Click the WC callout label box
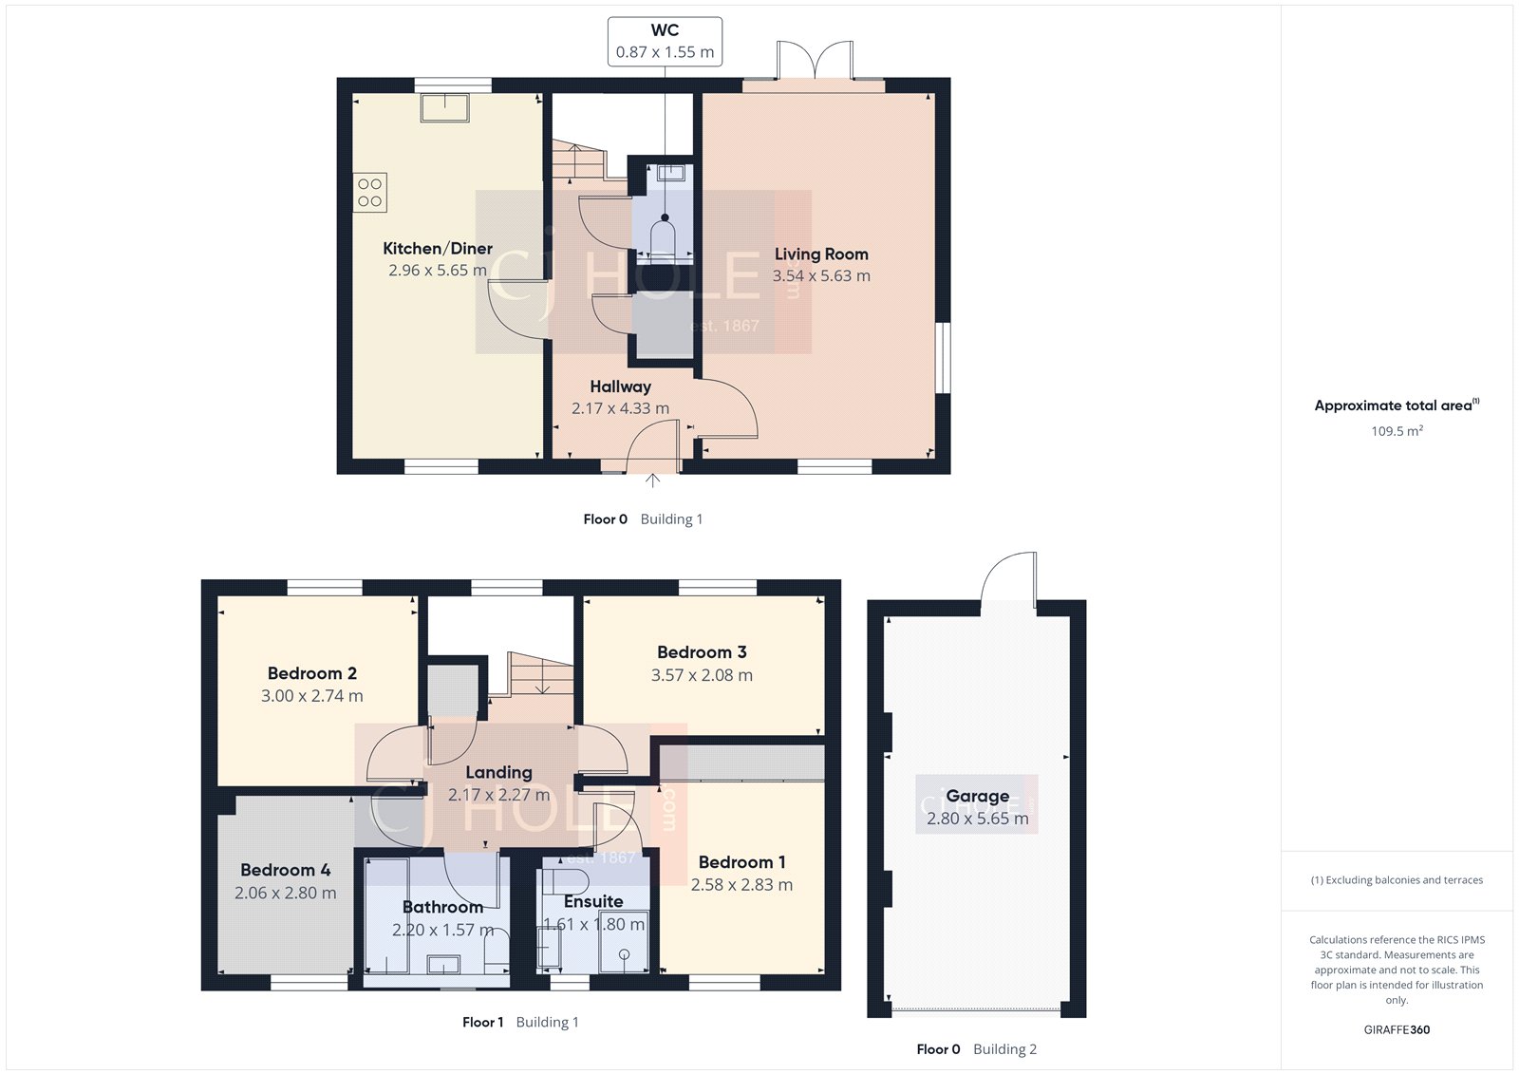point(665,42)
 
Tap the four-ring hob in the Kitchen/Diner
point(370,193)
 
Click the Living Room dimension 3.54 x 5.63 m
point(821,276)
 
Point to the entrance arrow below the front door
point(653,481)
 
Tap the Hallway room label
point(620,386)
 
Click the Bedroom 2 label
point(312,673)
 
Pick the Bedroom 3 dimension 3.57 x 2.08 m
point(702,675)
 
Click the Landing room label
point(498,772)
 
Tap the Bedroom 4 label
point(285,870)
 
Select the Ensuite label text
point(593,901)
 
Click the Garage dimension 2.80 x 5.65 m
point(977,819)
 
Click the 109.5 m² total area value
point(1397,431)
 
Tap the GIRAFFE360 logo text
point(1397,1029)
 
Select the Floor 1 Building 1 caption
point(520,1022)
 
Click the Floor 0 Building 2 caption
point(976,1049)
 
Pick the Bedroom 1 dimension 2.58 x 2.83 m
point(741,885)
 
